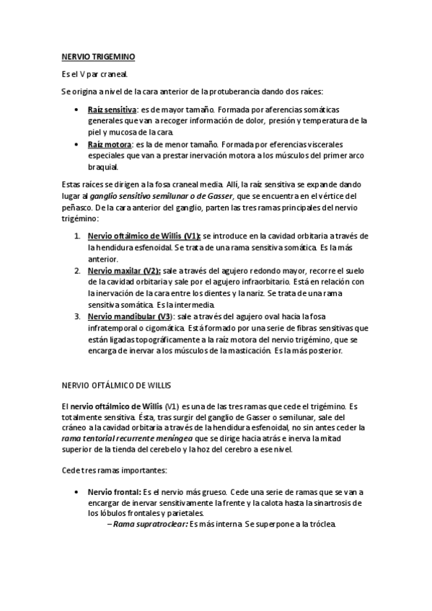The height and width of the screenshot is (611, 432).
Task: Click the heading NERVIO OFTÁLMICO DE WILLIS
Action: click(115, 385)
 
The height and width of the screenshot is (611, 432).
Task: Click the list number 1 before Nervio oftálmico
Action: click(77, 236)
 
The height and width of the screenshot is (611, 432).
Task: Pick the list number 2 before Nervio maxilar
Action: click(77, 271)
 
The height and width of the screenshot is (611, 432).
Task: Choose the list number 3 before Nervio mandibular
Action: click(77, 316)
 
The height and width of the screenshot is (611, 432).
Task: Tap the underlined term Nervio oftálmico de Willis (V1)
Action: click(144, 236)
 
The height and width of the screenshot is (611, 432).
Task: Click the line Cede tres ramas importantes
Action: click(113, 470)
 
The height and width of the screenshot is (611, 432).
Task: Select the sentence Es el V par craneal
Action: click(94, 74)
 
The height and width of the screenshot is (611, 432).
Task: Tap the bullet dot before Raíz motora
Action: click(77, 144)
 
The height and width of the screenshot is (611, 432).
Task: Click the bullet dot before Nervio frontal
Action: click(77, 491)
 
